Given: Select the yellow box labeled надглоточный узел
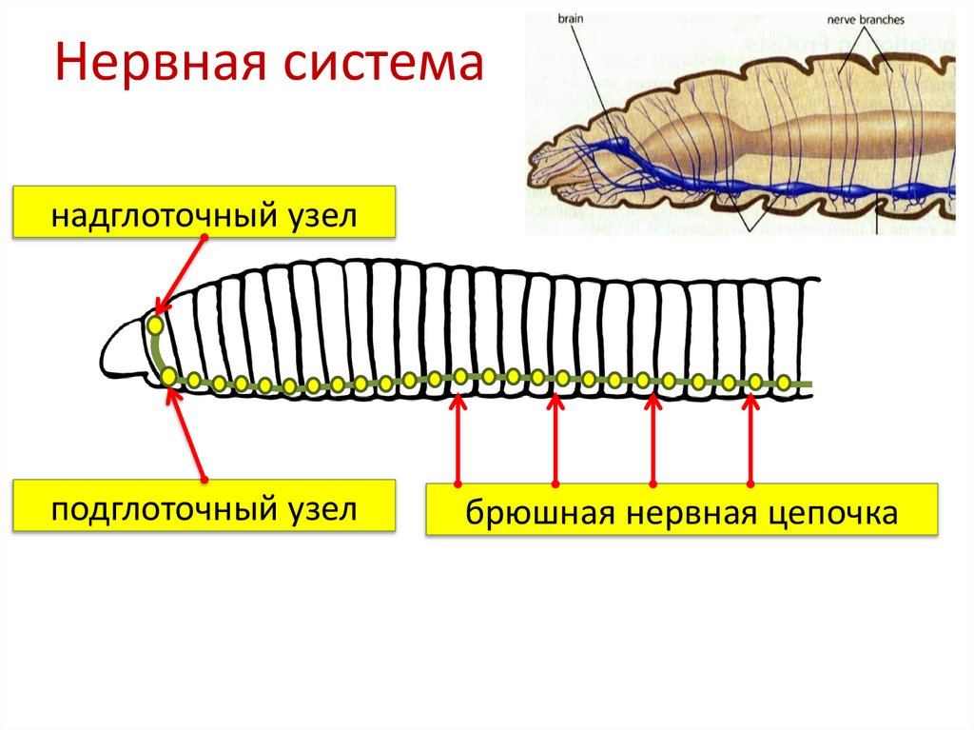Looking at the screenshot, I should pos(204,212).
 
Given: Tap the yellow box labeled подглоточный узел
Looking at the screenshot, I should pos(204,506).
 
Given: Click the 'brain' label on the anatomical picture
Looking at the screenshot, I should pos(569,18).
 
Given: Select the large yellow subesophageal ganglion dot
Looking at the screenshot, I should pos(168,377).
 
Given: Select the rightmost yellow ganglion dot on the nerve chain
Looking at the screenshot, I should pos(783,383).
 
